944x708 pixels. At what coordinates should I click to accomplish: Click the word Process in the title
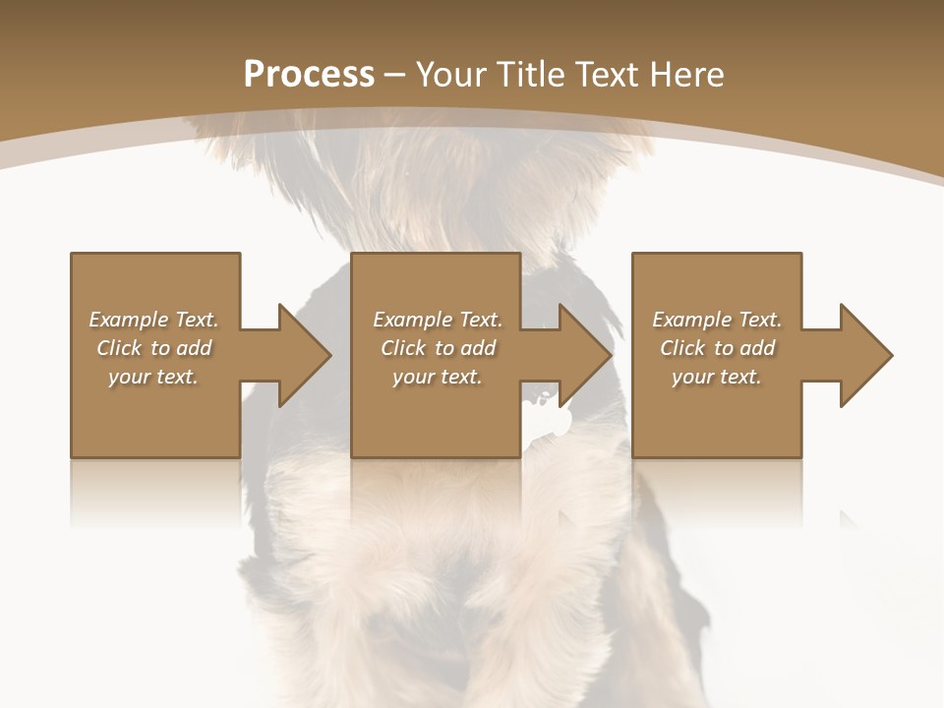309,74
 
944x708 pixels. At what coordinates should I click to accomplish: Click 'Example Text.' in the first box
153,320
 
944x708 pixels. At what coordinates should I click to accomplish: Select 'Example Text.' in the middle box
438,320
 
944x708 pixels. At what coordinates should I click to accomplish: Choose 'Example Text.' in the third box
717,320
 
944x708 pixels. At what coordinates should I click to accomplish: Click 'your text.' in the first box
153,377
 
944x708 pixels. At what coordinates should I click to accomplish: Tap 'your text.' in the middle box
438,377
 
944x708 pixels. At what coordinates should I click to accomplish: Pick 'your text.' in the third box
717,377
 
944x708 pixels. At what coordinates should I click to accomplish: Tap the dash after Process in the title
394,76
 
